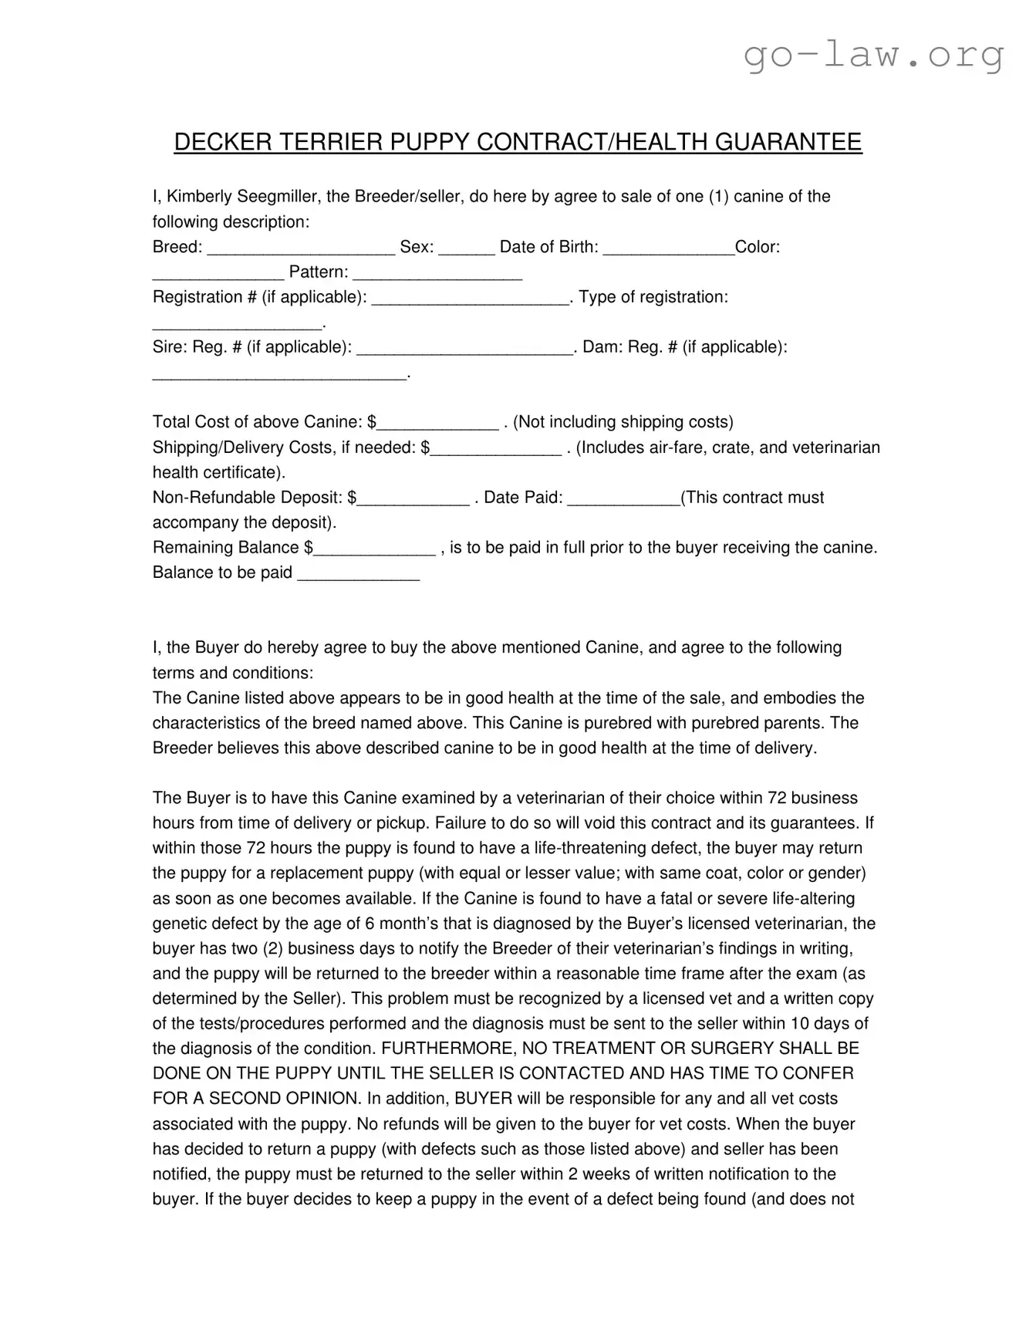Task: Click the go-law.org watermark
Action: [874, 55]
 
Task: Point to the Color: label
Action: [758, 247]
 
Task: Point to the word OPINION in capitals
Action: [318, 1099]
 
